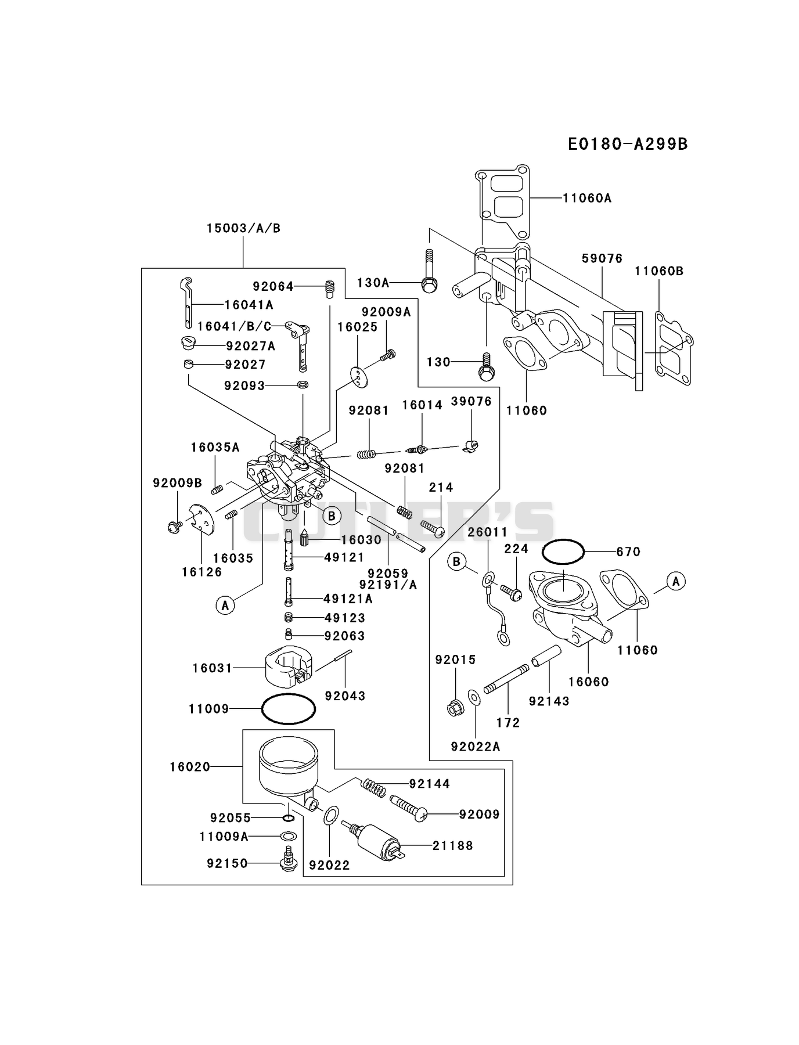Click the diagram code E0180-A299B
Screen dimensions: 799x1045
(x=628, y=144)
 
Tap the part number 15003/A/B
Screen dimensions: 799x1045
(x=243, y=228)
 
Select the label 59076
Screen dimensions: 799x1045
(x=602, y=258)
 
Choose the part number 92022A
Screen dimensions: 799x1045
(x=475, y=747)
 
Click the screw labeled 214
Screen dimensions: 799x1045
(x=432, y=528)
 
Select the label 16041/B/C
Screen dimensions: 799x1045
(x=234, y=326)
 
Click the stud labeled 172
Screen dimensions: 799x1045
(x=507, y=679)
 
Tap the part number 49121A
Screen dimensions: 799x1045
(x=348, y=599)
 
